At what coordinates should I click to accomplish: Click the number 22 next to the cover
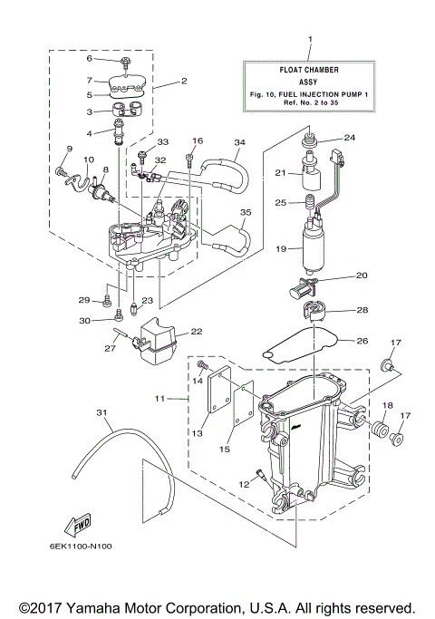click(x=196, y=332)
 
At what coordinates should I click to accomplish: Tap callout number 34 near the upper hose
click(x=239, y=143)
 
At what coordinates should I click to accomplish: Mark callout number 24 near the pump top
click(x=348, y=139)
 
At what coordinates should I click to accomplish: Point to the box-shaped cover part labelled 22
click(x=158, y=343)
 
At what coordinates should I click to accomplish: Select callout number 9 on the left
click(x=67, y=149)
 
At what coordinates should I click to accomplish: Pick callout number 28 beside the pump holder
click(x=362, y=311)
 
